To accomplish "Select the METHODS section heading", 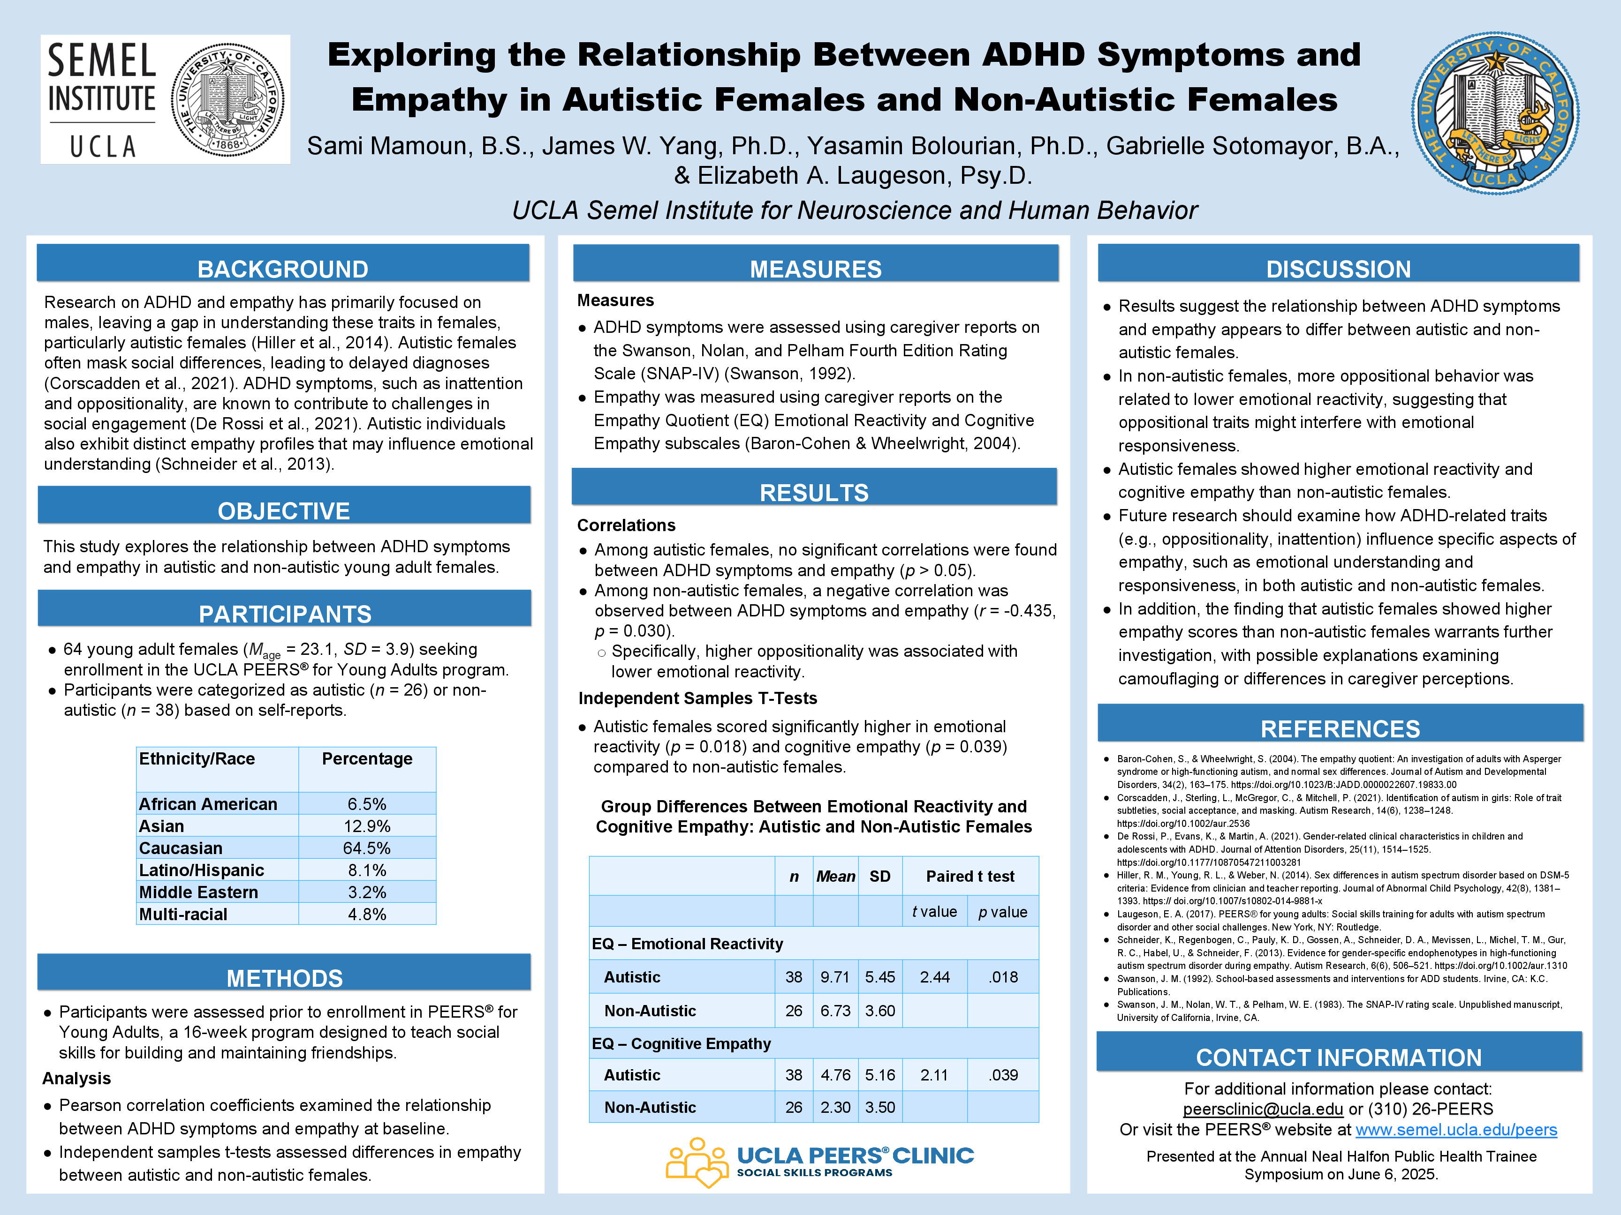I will (x=284, y=978).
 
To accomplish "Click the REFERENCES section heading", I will (x=1340, y=729).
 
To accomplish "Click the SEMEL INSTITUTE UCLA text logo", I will (x=103, y=99).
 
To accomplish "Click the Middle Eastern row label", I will (x=198, y=892).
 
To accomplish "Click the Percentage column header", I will (x=367, y=759).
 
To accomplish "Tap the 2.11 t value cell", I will (x=934, y=1075).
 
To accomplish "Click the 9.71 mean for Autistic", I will (x=835, y=977).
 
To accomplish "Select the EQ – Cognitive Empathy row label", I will (x=682, y=1043).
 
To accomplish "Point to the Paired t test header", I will (x=970, y=877).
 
